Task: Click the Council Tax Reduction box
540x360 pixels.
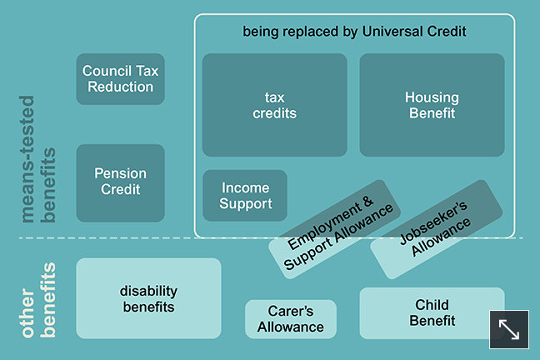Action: (x=120, y=79)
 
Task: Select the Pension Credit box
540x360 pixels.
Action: (x=120, y=182)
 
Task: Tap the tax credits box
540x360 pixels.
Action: (x=274, y=105)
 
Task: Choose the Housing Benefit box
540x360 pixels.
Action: (x=432, y=105)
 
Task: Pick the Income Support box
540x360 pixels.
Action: (x=245, y=196)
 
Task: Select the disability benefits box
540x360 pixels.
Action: (x=147, y=297)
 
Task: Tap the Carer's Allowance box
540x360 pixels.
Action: (x=290, y=319)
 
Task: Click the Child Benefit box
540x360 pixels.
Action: (x=432, y=312)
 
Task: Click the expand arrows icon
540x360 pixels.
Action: (x=508, y=329)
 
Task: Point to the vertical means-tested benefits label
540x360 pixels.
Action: (x=37, y=186)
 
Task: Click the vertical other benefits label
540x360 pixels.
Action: (x=37, y=302)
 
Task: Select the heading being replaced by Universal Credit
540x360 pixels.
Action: (x=354, y=32)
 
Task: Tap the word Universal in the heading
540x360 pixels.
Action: (x=393, y=32)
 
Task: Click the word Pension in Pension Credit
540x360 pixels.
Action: (x=120, y=173)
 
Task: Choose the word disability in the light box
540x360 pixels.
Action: (x=148, y=290)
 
